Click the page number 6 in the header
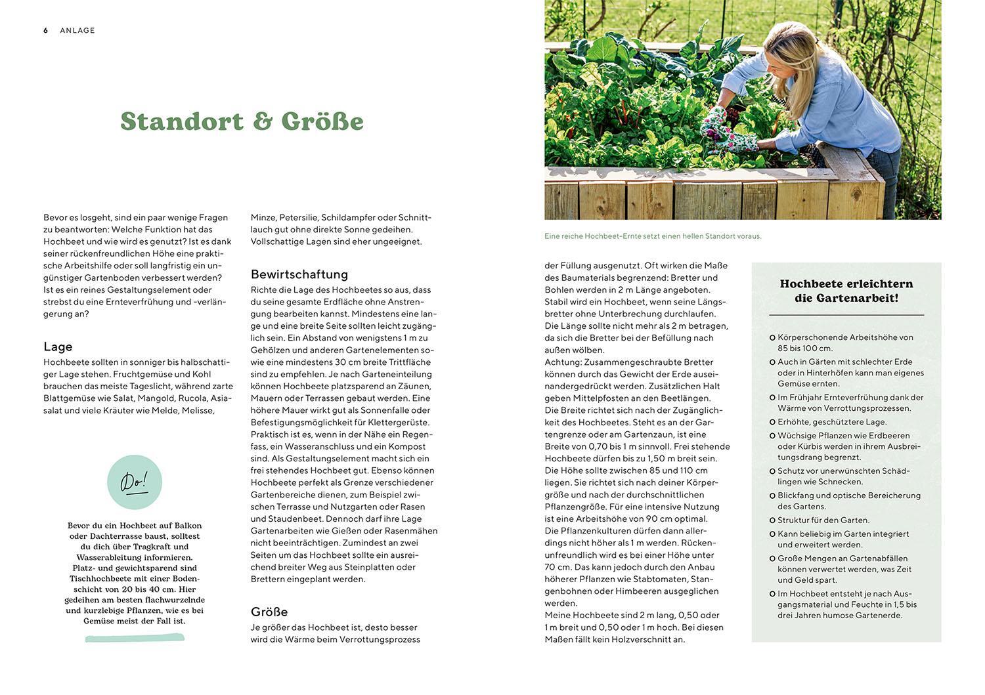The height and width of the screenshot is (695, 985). [46, 30]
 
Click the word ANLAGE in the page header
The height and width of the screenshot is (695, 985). [77, 30]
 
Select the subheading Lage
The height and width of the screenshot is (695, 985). [58, 347]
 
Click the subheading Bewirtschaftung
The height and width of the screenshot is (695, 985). [299, 274]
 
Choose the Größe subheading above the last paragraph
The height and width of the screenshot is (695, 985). [269, 612]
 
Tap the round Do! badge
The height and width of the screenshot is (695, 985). [135, 482]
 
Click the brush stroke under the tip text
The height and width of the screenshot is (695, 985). [135, 637]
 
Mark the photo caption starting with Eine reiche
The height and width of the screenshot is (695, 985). [653, 236]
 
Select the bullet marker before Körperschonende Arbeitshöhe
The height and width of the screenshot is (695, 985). [772, 337]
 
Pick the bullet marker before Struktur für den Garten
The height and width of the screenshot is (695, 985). [772, 520]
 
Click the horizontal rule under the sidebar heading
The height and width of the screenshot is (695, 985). [846, 316]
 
